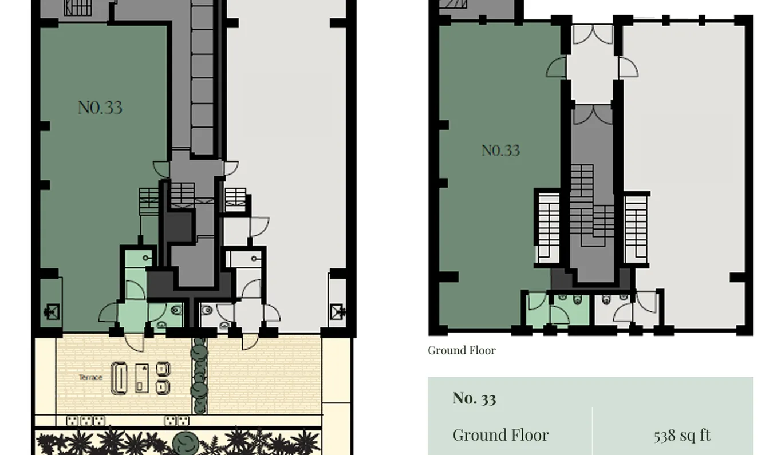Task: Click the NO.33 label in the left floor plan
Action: click(100, 108)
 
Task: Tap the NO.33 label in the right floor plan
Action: click(500, 151)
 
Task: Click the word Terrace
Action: click(90, 377)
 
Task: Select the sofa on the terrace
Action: click(119, 378)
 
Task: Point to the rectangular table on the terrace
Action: click(141, 378)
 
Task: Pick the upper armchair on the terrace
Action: click(163, 369)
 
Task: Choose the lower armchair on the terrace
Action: click(163, 387)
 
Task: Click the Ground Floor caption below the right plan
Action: click(462, 350)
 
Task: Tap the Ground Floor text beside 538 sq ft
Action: click(500, 435)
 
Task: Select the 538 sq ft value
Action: click(682, 436)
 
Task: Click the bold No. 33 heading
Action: click(474, 398)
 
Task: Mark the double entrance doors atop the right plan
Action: click(593, 34)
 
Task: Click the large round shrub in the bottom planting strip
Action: click(186, 443)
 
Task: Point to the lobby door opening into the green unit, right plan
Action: click(557, 68)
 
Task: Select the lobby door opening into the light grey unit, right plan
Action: click(628, 68)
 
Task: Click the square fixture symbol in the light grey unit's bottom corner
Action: click(337, 311)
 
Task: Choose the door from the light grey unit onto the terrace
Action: click(250, 342)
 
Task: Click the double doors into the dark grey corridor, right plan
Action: click(593, 116)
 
